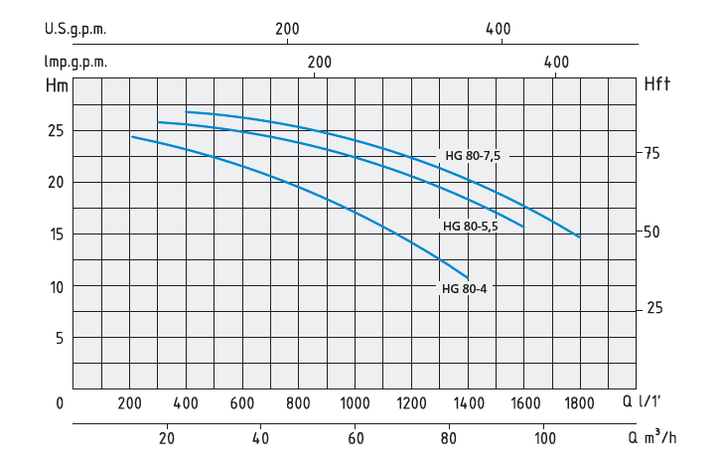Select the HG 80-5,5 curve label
point(471,227)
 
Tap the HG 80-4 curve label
point(464,289)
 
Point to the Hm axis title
point(57,84)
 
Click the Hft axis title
point(657,84)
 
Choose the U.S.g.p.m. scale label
point(74,29)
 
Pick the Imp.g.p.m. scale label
point(74,62)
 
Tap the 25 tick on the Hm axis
point(57,131)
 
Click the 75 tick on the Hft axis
point(651,154)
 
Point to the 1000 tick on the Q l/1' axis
point(355,403)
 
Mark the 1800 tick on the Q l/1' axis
point(579,403)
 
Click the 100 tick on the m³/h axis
point(543,438)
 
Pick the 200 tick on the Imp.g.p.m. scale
point(319,62)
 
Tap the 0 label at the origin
point(60,403)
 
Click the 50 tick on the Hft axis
point(651,232)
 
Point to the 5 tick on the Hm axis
point(60,338)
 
